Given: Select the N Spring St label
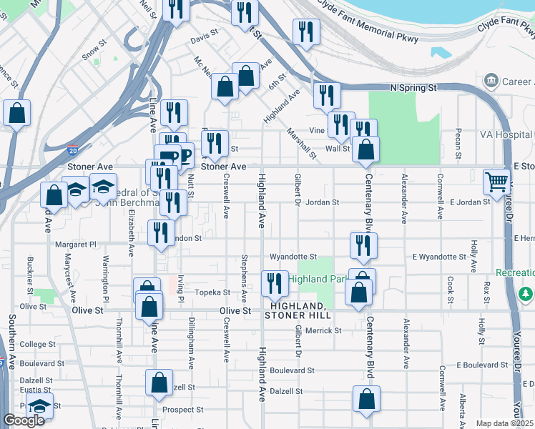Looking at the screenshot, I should [x=413, y=87].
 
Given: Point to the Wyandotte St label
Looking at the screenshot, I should [x=293, y=256].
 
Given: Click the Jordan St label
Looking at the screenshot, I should [x=322, y=202].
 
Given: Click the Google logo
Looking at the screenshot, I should [x=23, y=420].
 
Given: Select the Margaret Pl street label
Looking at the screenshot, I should [x=75, y=245].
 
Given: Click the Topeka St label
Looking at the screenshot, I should [x=214, y=292].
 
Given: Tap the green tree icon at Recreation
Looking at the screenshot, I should [x=526, y=294].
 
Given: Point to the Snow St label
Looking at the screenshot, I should [x=93, y=53].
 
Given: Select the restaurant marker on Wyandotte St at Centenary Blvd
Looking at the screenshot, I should [x=363, y=245].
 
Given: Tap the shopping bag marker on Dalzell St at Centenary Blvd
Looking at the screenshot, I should [x=366, y=399].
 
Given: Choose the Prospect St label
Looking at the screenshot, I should [x=182, y=410].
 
